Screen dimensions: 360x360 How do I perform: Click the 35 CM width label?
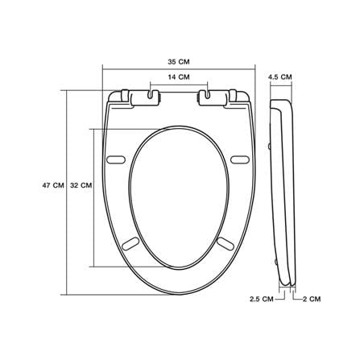pyautogui.click(x=179, y=62)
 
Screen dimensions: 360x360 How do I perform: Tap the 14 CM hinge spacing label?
pyautogui.click(x=179, y=77)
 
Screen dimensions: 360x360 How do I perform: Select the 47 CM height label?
pyautogui.click(x=53, y=185)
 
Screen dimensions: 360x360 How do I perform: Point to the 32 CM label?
pyautogui.click(x=81, y=185)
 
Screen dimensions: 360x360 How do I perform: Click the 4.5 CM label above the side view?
pyautogui.click(x=280, y=77)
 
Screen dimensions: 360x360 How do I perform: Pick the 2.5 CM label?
pyautogui.click(x=262, y=299)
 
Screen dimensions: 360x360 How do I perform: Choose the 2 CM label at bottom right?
pyautogui.click(x=312, y=299)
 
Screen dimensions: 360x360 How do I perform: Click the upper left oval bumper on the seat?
pyautogui.click(x=116, y=159)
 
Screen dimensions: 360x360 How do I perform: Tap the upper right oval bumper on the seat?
pyautogui.click(x=241, y=159)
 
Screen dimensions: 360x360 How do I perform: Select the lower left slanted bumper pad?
pyautogui.click(x=130, y=243)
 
